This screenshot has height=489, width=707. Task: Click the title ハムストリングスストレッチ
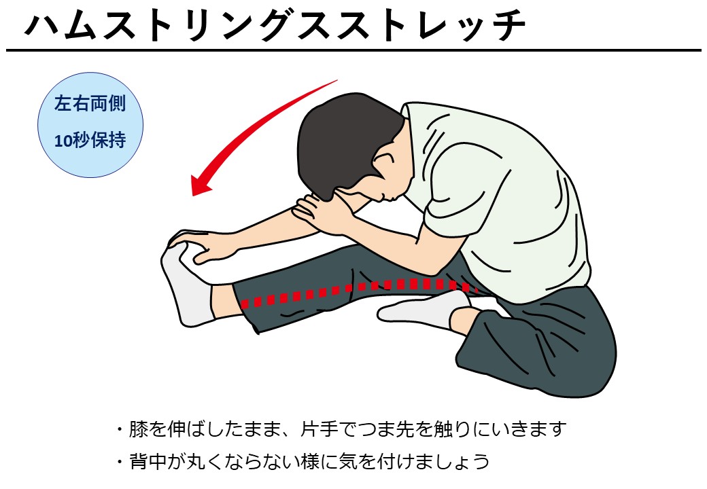tap(275, 25)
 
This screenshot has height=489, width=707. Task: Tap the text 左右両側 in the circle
tap(90, 103)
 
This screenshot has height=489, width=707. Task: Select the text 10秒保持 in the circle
tap(90, 141)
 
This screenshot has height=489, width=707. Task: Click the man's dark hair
tap(343, 140)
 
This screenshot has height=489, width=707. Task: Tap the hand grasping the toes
tap(199, 245)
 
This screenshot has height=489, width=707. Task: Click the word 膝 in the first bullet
tap(139, 429)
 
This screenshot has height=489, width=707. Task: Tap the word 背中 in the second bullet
tap(148, 462)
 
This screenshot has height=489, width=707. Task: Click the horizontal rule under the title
tap(353, 50)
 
